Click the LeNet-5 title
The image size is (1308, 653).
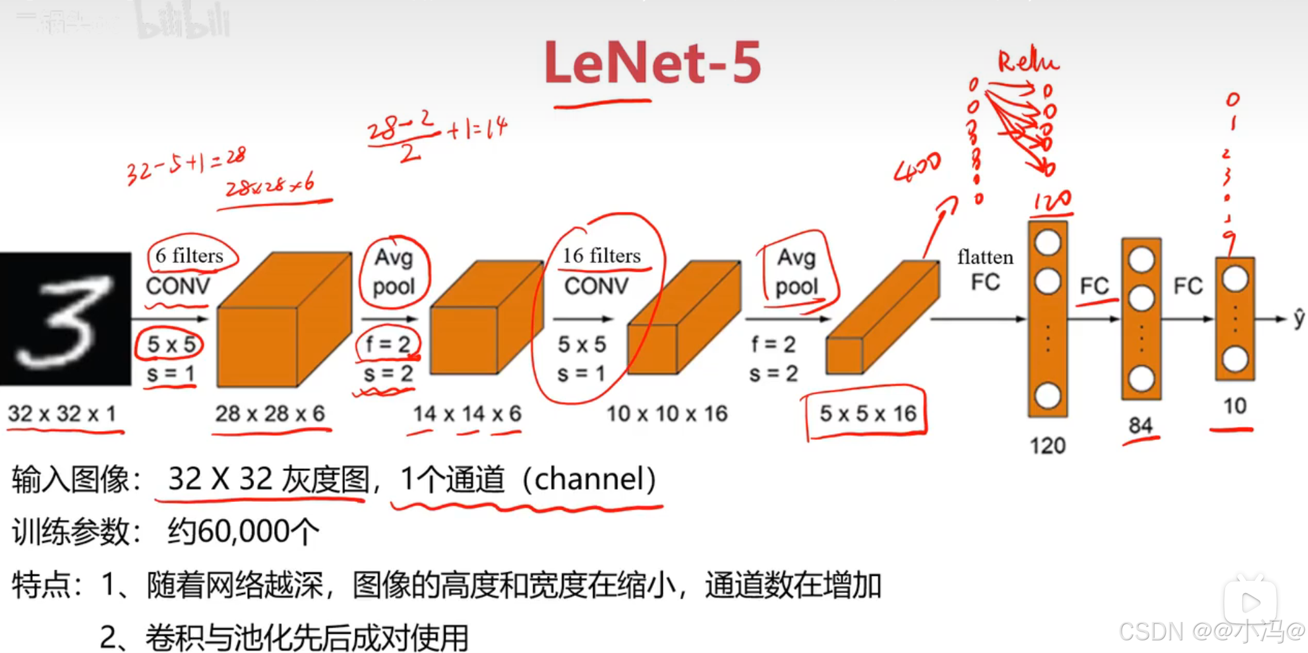click(x=653, y=62)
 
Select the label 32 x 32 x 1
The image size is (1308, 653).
click(x=62, y=413)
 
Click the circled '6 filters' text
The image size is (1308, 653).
click(x=190, y=255)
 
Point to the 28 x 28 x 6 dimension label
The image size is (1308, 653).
click(x=270, y=413)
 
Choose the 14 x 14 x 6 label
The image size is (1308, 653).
click(x=467, y=413)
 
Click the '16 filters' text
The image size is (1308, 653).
click(x=602, y=255)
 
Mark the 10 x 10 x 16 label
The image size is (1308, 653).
click(x=667, y=413)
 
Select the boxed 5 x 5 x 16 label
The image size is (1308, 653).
click(x=868, y=413)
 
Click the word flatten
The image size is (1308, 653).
click(x=985, y=257)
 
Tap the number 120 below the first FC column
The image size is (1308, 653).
click(x=1048, y=446)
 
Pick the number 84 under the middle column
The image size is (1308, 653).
click(x=1141, y=425)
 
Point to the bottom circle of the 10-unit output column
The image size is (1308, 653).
click(x=1235, y=360)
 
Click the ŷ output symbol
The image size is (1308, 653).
click(x=1299, y=318)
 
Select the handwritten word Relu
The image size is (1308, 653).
click(x=1027, y=61)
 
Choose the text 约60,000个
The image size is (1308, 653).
click(x=244, y=532)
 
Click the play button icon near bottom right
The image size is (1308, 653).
click(x=1250, y=602)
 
